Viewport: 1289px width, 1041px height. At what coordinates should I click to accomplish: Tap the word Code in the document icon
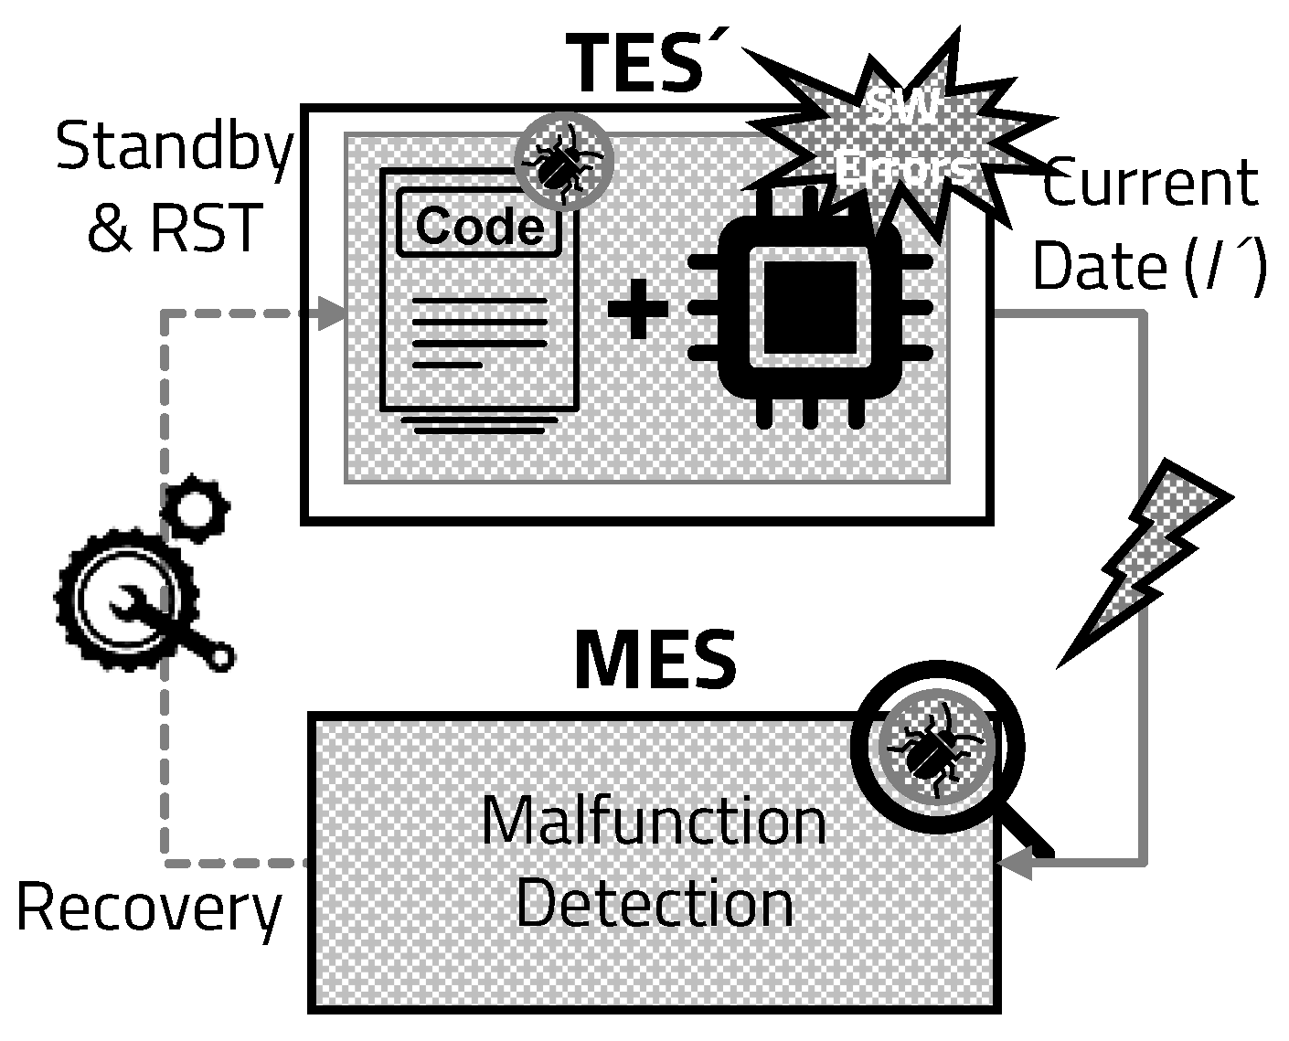click(480, 225)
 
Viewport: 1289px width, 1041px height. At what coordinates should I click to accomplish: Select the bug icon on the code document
click(561, 162)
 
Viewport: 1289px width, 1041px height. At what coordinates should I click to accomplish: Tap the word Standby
click(175, 147)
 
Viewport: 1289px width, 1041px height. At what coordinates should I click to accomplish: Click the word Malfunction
click(654, 821)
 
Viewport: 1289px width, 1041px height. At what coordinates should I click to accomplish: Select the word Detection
click(655, 903)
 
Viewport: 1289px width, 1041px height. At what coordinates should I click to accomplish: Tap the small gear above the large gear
click(194, 506)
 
